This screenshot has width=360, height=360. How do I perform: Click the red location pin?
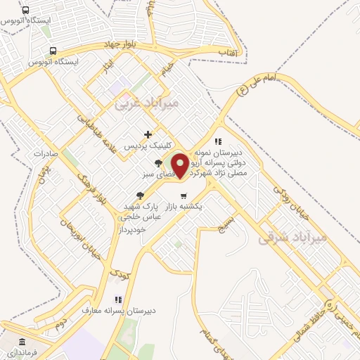pyautogui.click(x=181, y=165)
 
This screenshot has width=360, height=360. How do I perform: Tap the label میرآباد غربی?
pyautogui.click(x=147, y=103)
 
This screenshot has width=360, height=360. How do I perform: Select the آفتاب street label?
pyautogui.click(x=229, y=52)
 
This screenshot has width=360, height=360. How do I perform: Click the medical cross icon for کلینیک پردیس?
pyautogui.click(x=148, y=134)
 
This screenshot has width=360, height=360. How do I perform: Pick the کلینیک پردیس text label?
pyautogui.click(x=143, y=146)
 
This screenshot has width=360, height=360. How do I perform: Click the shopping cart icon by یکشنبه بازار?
pyautogui.click(x=183, y=195)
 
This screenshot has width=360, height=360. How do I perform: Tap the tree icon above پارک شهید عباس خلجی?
pyautogui.click(x=141, y=194)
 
